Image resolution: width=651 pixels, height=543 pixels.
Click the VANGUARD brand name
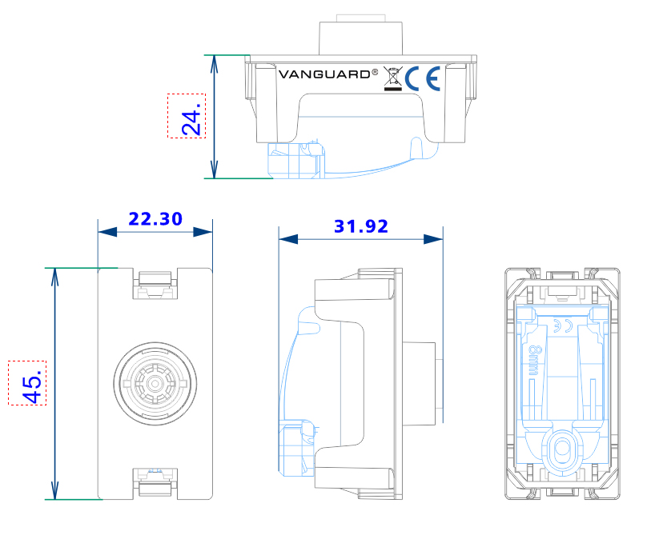tap(323, 74)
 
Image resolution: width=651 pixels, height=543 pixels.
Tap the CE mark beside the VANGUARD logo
tap(422, 78)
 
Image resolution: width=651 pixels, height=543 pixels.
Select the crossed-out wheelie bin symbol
tap(392, 78)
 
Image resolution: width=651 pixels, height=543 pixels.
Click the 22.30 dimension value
tap(155, 218)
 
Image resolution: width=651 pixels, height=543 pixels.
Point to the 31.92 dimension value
tap(360, 226)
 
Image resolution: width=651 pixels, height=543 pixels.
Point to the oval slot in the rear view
tap(561, 449)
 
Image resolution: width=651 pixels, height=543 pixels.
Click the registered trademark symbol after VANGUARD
tap(375, 71)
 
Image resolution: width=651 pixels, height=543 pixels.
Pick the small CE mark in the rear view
tap(560, 325)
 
